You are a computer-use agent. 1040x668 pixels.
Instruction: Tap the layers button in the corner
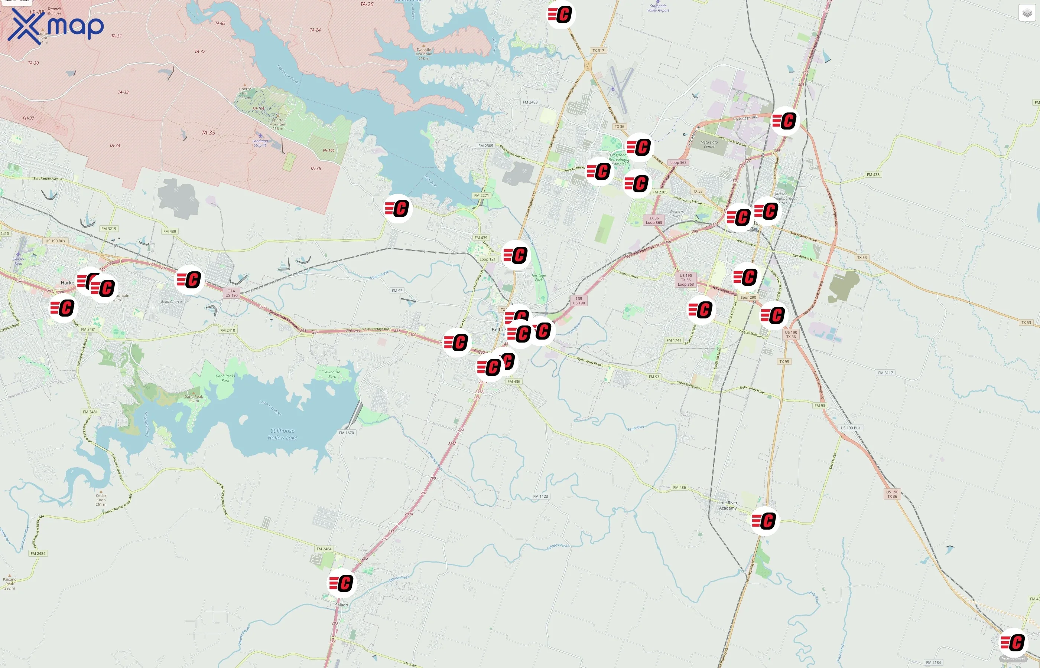click(1027, 13)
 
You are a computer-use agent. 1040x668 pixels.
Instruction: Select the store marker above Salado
click(342, 583)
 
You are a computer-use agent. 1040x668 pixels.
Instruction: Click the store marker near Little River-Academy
click(764, 521)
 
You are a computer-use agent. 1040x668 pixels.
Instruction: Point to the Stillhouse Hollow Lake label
click(282, 434)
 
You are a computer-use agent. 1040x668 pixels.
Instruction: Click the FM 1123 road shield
click(540, 496)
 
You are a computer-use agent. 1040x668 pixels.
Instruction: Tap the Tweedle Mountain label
click(424, 54)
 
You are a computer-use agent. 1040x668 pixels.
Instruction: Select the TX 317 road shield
click(598, 51)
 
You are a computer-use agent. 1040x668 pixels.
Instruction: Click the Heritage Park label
click(539, 278)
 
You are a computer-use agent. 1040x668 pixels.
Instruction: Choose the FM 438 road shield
click(873, 175)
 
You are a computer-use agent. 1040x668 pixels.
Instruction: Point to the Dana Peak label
click(194, 398)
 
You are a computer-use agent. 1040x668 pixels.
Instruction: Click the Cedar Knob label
click(101, 500)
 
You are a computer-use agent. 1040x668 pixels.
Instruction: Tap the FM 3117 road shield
click(885, 373)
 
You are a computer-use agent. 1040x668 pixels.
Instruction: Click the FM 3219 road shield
click(108, 229)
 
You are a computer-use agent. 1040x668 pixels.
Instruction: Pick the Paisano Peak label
click(10, 583)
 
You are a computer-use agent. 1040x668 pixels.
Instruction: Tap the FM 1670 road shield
click(347, 433)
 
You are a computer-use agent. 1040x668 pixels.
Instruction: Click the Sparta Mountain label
click(278, 124)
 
